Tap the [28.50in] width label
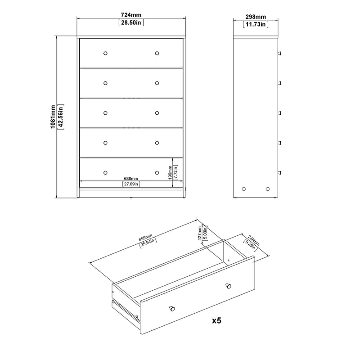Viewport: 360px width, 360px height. [x=131, y=22]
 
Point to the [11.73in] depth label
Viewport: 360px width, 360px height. [x=255, y=24]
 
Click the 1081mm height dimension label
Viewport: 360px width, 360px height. [x=53, y=117]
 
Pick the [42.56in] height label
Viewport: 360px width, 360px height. [x=61, y=117]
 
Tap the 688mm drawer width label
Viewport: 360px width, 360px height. [x=131, y=178]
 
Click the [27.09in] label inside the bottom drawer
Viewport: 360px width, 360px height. [x=131, y=184]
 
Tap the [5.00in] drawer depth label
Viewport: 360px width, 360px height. [x=205, y=234]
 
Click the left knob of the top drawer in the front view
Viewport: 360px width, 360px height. [x=105, y=54]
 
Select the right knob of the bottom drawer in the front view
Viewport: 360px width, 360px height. [x=157, y=172]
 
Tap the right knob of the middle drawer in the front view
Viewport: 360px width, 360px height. [x=157, y=113]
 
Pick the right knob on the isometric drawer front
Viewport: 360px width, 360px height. [x=228, y=285]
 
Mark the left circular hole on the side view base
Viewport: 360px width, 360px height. [x=244, y=189]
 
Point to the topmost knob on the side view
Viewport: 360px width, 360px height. [x=279, y=54]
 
